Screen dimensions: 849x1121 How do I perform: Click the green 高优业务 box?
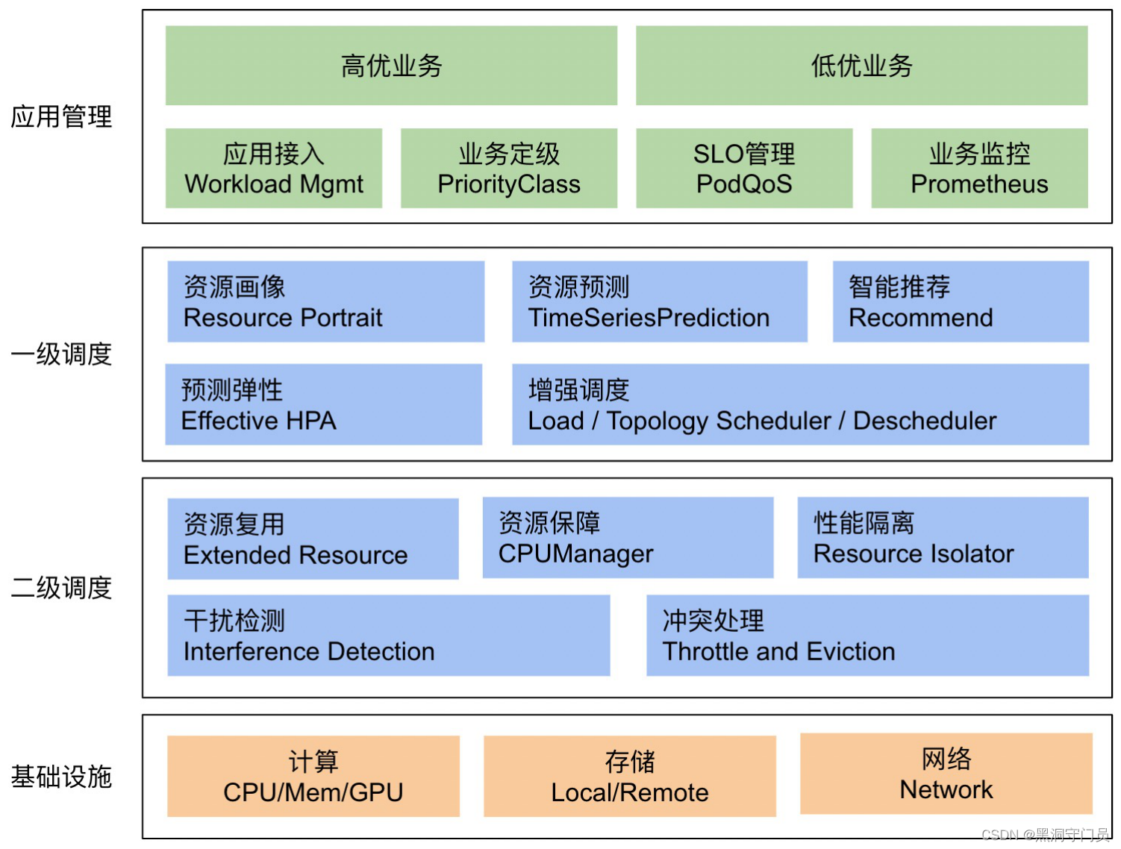coord(391,66)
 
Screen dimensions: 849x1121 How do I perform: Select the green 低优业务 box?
coord(861,66)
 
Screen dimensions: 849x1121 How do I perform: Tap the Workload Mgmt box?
coord(274,168)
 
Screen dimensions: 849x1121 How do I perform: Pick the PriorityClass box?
coord(509,168)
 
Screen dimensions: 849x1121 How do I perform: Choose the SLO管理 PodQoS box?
coord(744,168)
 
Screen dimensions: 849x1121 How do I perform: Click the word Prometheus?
coord(979,184)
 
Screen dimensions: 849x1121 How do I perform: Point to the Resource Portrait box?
coord(325,301)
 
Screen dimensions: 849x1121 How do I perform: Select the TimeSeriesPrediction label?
coord(649,319)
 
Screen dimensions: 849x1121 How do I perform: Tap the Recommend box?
coord(961,301)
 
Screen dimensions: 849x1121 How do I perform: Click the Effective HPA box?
coord(323,404)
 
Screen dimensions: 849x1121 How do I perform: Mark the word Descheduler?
coord(925,422)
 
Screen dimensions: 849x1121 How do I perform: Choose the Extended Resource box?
coord(313,539)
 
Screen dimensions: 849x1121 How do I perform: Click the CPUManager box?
coord(628,538)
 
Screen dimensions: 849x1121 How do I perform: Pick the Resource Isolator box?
coord(943,538)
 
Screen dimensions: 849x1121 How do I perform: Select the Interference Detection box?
coord(388,636)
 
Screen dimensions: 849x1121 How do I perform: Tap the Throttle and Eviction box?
coord(867,636)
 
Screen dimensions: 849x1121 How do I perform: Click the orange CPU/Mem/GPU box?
coord(313,777)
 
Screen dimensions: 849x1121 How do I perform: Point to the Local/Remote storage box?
coord(630,777)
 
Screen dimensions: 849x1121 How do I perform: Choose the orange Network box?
coord(946,774)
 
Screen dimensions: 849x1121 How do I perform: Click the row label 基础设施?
coord(61,777)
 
